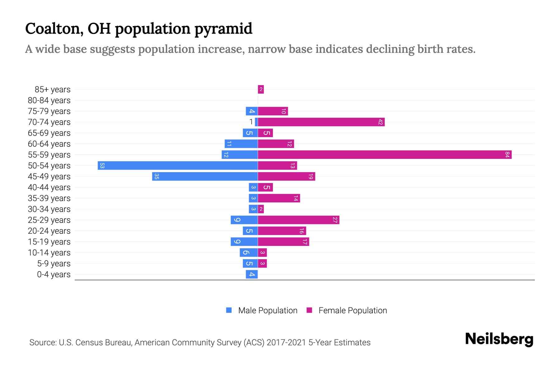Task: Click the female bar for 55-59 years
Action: [x=385, y=154]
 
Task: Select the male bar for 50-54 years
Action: [x=178, y=165]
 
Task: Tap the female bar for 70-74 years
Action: [x=321, y=122]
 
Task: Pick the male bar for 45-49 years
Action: [x=205, y=176]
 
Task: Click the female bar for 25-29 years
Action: [x=298, y=220]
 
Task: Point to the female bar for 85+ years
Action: [x=261, y=89]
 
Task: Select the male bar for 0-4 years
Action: [x=252, y=274]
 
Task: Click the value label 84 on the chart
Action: [x=507, y=154]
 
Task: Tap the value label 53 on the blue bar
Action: [x=102, y=165]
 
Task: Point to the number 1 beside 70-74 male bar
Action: [x=251, y=122]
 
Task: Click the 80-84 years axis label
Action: [x=49, y=100]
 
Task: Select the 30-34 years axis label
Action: [x=49, y=209]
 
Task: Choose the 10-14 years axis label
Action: [x=49, y=253]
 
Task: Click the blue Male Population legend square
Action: [x=229, y=310]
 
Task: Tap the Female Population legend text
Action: [x=352, y=310]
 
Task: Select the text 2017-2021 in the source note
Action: [x=286, y=343]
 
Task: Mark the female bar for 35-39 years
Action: [x=279, y=198]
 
